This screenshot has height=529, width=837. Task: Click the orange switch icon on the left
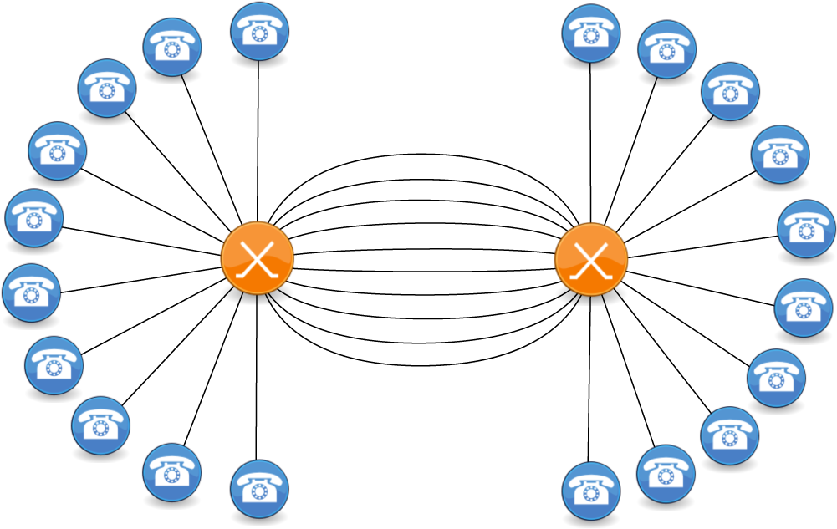click(x=258, y=258)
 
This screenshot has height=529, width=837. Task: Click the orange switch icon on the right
click(x=591, y=259)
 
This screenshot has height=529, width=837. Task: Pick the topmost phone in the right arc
click(x=591, y=33)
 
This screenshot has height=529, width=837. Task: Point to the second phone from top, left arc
click(x=172, y=47)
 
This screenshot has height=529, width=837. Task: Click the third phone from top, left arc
click(x=107, y=88)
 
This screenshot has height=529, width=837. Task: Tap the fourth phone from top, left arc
click(x=58, y=150)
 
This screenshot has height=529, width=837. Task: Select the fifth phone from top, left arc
click(x=34, y=218)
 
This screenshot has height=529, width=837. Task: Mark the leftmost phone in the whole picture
click(x=32, y=292)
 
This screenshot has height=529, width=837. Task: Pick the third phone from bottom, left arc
click(x=101, y=425)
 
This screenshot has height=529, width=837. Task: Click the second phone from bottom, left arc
click(x=171, y=472)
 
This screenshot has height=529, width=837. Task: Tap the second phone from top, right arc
click(x=667, y=49)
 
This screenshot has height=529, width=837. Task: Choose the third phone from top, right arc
click(x=730, y=91)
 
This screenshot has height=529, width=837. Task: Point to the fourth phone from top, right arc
click(x=780, y=154)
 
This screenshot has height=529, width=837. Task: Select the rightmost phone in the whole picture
click(x=807, y=228)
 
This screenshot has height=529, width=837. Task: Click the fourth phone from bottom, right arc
click(x=776, y=379)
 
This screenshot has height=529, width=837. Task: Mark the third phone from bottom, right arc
click(x=730, y=435)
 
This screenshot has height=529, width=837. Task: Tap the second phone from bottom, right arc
click(x=666, y=474)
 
